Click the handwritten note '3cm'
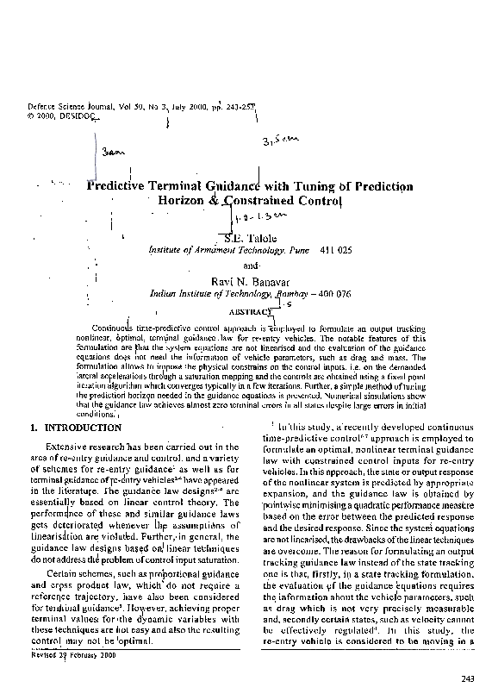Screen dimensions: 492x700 click(113, 153)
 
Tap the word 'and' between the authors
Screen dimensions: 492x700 click(251, 265)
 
